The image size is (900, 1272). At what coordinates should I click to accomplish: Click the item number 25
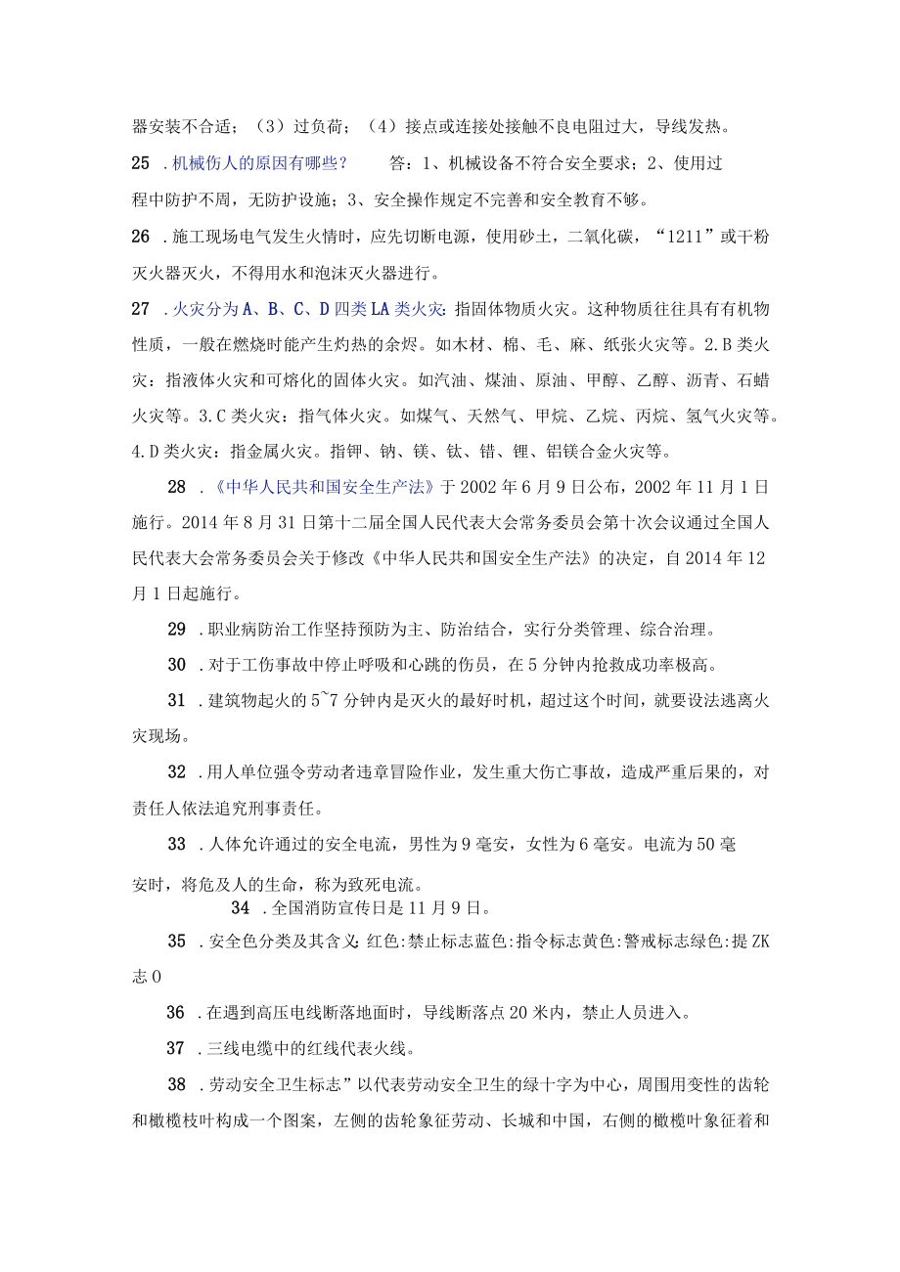pos(141,163)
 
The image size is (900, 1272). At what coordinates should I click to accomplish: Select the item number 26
pos(141,236)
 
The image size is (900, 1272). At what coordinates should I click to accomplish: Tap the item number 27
pos(141,309)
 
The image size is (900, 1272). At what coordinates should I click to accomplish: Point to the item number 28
pos(177,486)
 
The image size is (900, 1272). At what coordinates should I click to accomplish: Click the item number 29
pos(177,629)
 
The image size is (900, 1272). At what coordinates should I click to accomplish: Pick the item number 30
pos(177,665)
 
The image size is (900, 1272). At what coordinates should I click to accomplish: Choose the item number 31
pos(177,700)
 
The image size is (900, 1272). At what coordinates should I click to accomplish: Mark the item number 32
pos(177,771)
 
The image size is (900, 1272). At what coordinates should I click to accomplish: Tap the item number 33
pos(177,845)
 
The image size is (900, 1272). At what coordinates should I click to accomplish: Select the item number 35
pos(177,942)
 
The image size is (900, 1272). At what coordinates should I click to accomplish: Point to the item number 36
pos(177,1013)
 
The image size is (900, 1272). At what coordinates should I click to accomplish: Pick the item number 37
pos(177,1049)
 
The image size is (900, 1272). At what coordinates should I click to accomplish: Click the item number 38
pos(177,1084)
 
